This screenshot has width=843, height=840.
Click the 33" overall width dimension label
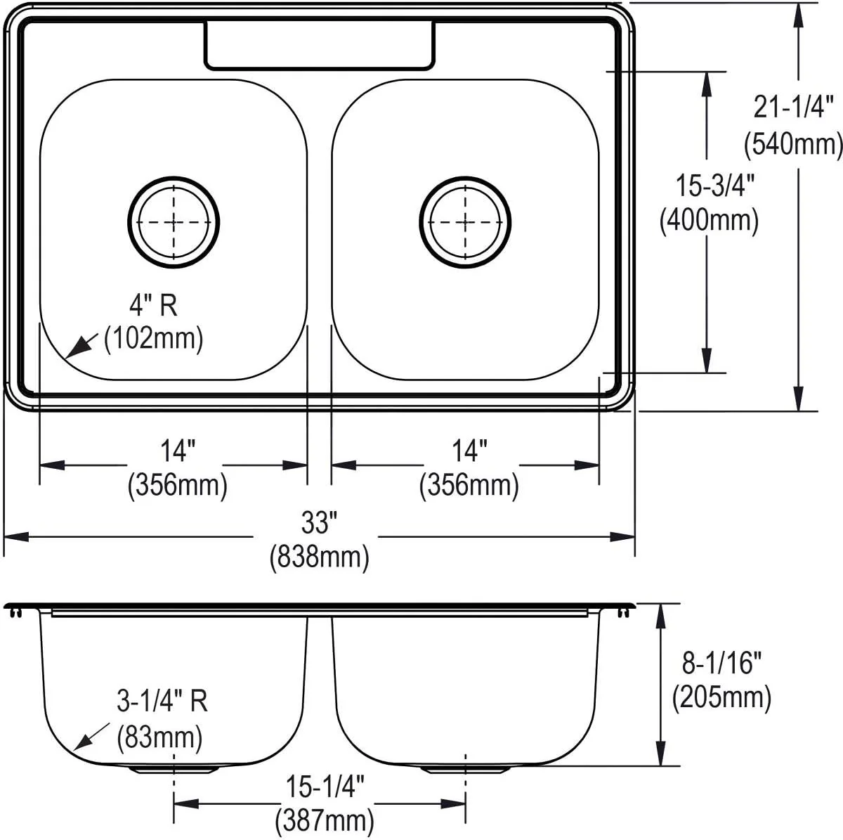[319, 522]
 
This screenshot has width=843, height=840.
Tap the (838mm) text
[320, 557]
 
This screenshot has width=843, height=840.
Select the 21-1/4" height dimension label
[793, 107]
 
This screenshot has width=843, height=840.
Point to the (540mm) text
[793, 143]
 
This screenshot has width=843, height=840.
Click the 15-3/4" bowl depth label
[716, 185]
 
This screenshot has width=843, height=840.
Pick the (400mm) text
[709, 220]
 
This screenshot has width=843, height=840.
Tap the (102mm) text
[154, 338]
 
